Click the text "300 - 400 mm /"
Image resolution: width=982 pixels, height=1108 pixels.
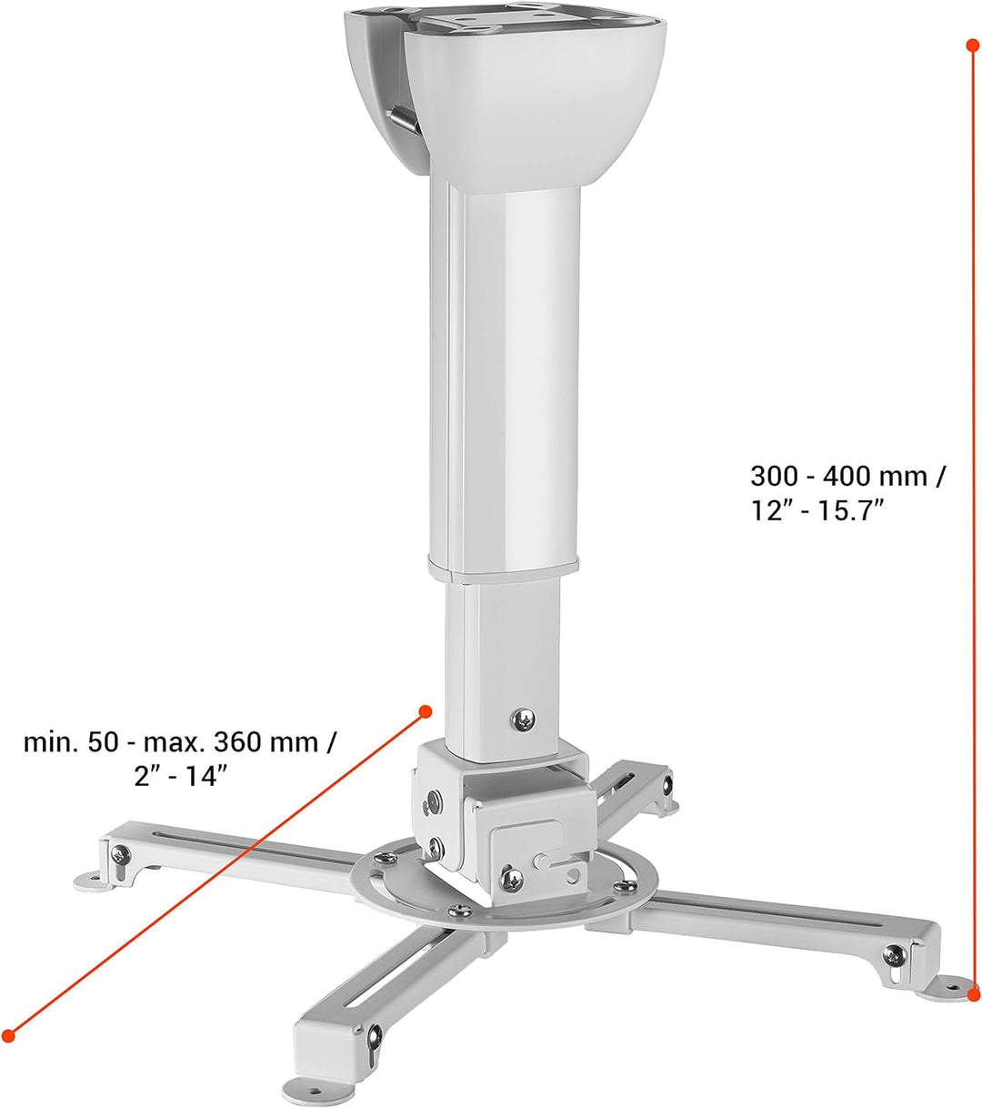pyautogui.click(x=847, y=476)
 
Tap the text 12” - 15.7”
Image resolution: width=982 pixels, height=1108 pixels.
pyautogui.click(x=817, y=511)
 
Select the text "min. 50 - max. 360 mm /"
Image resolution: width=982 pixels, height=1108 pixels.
pyautogui.click(x=179, y=742)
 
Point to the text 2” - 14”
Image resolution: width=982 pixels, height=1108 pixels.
pyautogui.click(x=180, y=776)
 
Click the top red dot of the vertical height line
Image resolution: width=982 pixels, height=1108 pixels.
pyautogui.click(x=972, y=45)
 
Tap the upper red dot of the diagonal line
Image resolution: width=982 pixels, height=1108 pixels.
pyautogui.click(x=426, y=711)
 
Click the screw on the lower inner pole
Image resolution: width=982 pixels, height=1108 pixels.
pyautogui.click(x=524, y=720)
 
